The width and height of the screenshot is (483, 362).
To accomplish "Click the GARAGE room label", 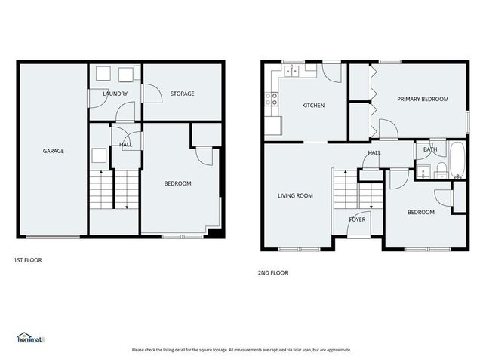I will pos(53,151).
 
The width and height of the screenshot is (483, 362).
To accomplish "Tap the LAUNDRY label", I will pos(115,94).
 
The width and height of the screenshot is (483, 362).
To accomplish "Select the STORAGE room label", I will pos(182,94).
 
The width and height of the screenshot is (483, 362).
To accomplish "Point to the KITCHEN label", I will pos(313,106).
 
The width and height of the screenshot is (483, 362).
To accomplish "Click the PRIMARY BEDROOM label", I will pos(423,99).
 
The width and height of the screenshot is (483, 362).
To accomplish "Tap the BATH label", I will pos(429,149).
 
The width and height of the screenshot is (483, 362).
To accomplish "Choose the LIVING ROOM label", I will pos(295,195).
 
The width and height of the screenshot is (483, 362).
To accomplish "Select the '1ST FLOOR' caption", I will pos(28,260).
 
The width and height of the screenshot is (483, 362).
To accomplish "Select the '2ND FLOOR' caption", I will pos(273,273).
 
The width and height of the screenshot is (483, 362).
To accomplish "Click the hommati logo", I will pos(31,339).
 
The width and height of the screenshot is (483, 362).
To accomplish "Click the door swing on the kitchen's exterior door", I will pos(332,72).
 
